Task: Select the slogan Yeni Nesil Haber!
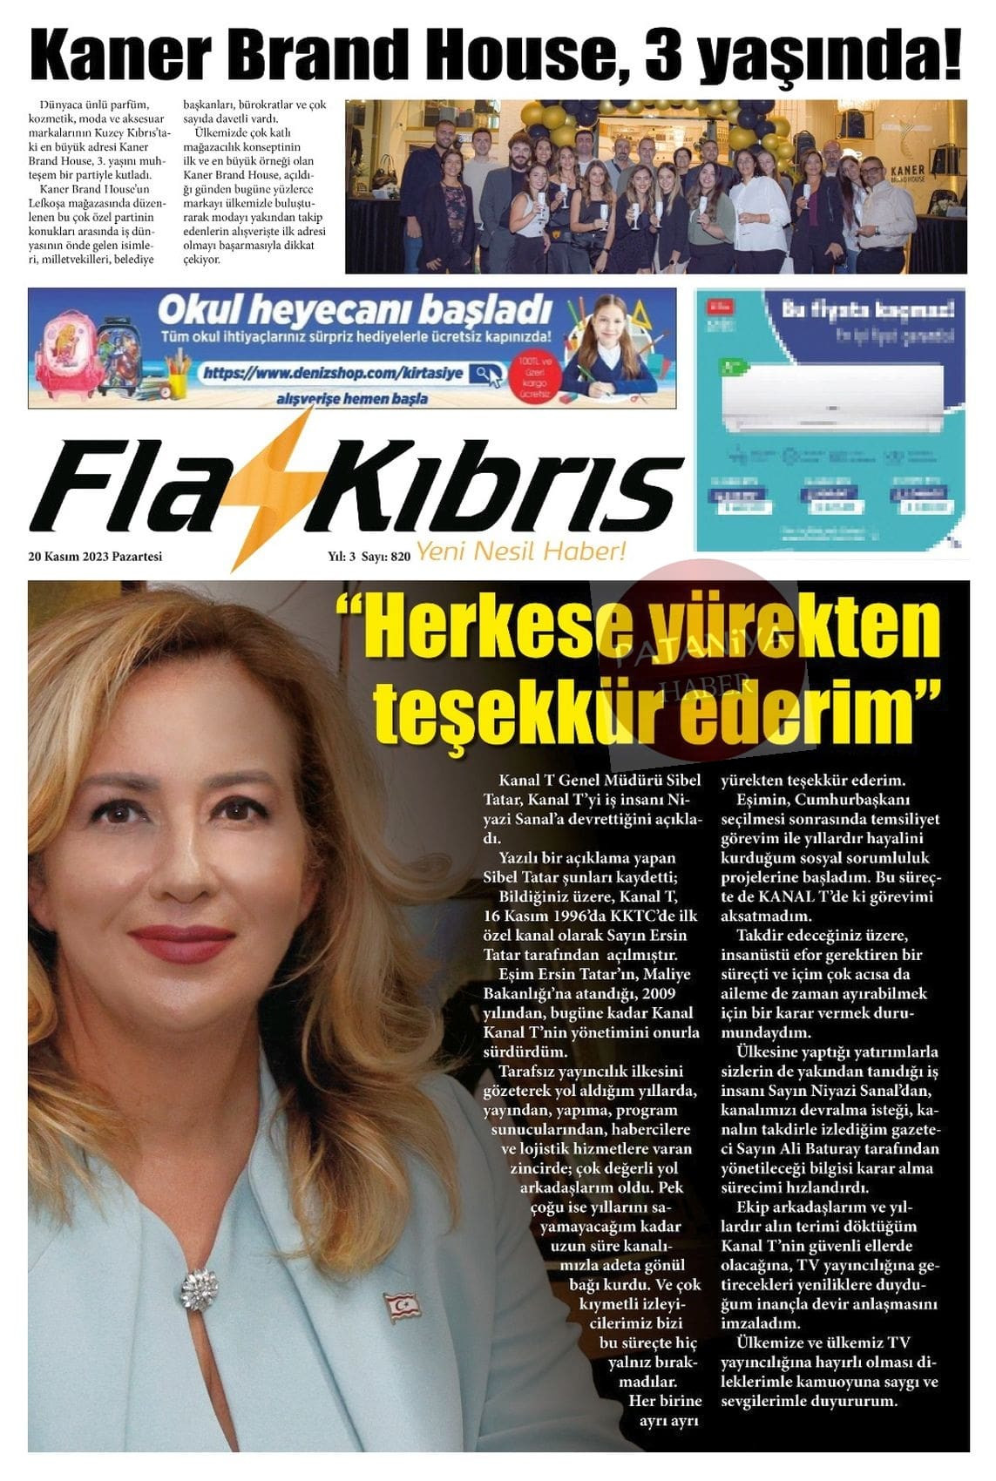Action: click(x=521, y=551)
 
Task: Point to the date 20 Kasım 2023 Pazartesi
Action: click(x=95, y=557)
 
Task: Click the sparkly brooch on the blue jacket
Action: click(x=199, y=1288)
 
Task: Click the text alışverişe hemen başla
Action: click(x=351, y=399)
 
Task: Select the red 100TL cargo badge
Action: click(x=534, y=376)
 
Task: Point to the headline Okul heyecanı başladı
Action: click(x=355, y=311)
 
